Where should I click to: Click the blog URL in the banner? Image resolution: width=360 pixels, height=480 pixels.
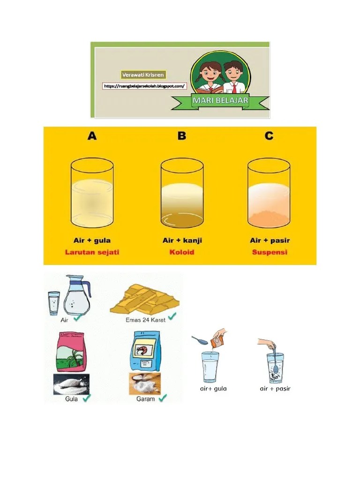point(144,86)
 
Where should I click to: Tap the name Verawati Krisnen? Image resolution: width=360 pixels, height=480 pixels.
point(142,75)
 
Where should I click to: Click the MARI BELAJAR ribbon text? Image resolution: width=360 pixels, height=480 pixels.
point(220,100)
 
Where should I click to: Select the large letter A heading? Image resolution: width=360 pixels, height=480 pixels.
point(92,135)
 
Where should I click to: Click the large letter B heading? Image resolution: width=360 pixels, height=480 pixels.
point(182,135)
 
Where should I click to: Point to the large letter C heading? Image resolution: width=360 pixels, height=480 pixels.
point(269,135)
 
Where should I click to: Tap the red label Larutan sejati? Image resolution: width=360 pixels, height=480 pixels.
point(92,252)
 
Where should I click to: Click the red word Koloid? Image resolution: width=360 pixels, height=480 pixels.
point(182,252)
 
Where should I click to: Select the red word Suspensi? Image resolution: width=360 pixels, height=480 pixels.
point(270,252)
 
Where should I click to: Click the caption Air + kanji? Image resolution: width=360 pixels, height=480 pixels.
point(182,240)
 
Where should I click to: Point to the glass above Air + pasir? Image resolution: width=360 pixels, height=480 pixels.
point(269,193)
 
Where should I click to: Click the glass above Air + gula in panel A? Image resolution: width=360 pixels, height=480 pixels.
point(92,193)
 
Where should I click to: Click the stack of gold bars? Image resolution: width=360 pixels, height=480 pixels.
point(144,299)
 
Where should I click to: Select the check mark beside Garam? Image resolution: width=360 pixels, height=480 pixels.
point(162,397)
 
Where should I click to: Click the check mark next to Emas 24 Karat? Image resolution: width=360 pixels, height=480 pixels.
point(172,316)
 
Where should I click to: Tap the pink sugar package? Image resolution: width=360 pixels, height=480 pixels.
point(71,352)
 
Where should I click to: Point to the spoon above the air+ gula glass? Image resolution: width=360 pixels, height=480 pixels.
point(199,340)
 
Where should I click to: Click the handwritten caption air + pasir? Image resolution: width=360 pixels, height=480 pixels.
point(275,389)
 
